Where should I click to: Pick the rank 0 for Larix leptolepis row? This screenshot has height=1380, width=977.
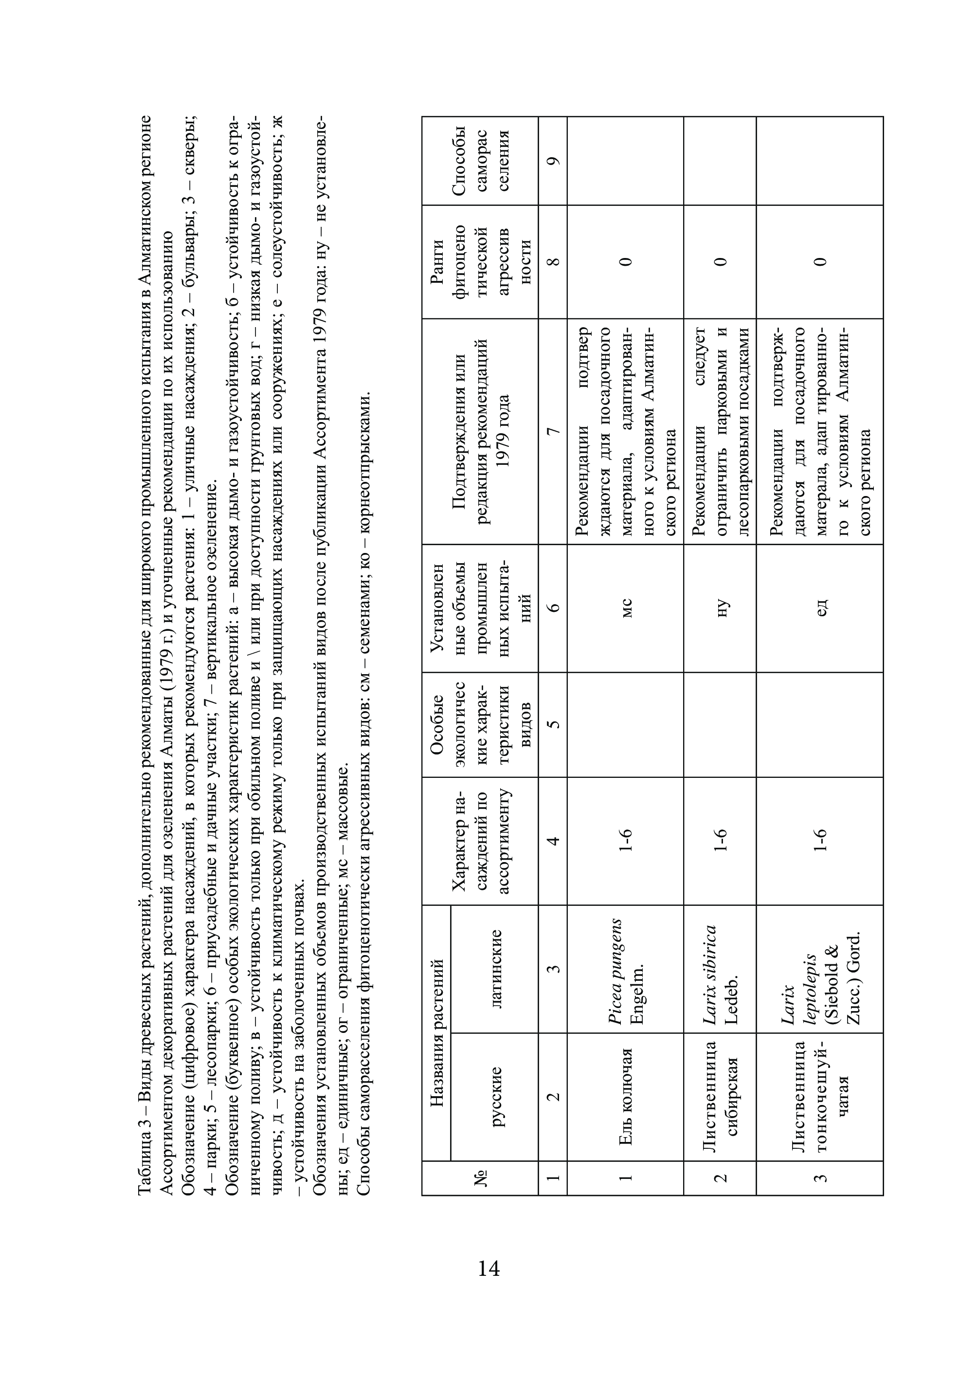coord(820,261)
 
